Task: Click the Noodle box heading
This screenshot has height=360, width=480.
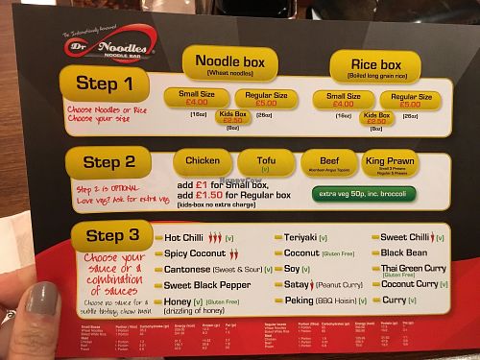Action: click(236, 62)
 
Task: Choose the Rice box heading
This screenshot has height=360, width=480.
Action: click(366, 68)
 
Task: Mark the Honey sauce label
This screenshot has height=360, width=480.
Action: click(180, 301)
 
